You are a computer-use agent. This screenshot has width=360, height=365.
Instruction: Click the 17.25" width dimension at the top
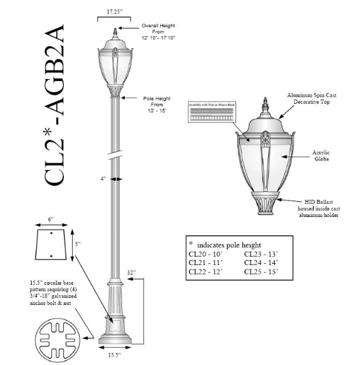(114, 11)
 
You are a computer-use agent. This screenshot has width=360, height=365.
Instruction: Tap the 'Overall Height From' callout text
(158, 31)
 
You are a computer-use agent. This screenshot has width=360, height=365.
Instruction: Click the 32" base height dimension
(131, 273)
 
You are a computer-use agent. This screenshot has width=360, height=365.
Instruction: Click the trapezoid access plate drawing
(51, 247)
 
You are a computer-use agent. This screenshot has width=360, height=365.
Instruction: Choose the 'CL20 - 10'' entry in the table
(207, 254)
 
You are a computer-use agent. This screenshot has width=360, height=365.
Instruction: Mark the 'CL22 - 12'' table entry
(207, 272)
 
